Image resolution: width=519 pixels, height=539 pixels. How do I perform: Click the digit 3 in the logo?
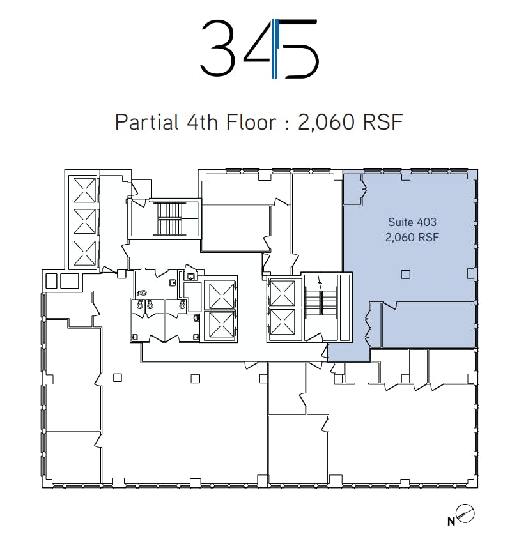pyautogui.click(x=218, y=48)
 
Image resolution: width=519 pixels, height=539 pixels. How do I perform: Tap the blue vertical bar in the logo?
pyautogui.click(x=274, y=49)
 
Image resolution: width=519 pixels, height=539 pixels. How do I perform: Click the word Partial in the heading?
pyautogui.click(x=147, y=122)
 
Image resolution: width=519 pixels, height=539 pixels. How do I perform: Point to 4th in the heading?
pyautogui.click(x=202, y=122)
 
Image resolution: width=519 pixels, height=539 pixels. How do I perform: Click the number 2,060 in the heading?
pyautogui.click(x=326, y=122)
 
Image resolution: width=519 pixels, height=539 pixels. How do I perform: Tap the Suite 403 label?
pyautogui.click(x=412, y=222)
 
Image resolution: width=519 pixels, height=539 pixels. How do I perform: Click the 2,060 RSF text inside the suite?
pyautogui.click(x=412, y=237)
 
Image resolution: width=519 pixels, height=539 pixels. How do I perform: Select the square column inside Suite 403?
pyautogui.click(x=406, y=275)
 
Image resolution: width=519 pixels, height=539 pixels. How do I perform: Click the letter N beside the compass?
pyautogui.click(x=451, y=522)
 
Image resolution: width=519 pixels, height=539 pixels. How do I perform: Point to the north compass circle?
pyautogui.click(x=465, y=514)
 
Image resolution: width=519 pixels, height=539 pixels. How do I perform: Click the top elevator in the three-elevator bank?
pyautogui.click(x=84, y=190)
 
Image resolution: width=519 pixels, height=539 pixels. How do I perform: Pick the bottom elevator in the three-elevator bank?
pyautogui.click(x=84, y=253)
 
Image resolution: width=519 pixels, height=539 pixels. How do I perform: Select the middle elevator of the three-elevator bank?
pyautogui.click(x=84, y=222)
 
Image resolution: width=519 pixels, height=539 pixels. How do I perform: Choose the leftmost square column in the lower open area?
pyautogui.click(x=118, y=377)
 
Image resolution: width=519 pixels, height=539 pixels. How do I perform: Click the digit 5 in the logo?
pyautogui.click(x=298, y=49)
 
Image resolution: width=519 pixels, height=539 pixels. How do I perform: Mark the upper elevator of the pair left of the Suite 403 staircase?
pyautogui.click(x=282, y=293)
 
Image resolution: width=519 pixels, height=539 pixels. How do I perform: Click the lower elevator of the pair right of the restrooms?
pyautogui.click(x=221, y=325)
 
